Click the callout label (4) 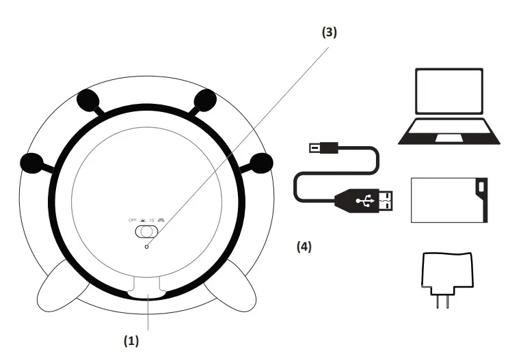point(304,247)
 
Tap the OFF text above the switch point(133,220)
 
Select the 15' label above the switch point(152,220)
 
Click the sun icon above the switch point(143,220)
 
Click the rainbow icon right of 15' point(162,220)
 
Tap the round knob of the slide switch point(142,232)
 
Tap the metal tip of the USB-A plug point(386,199)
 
